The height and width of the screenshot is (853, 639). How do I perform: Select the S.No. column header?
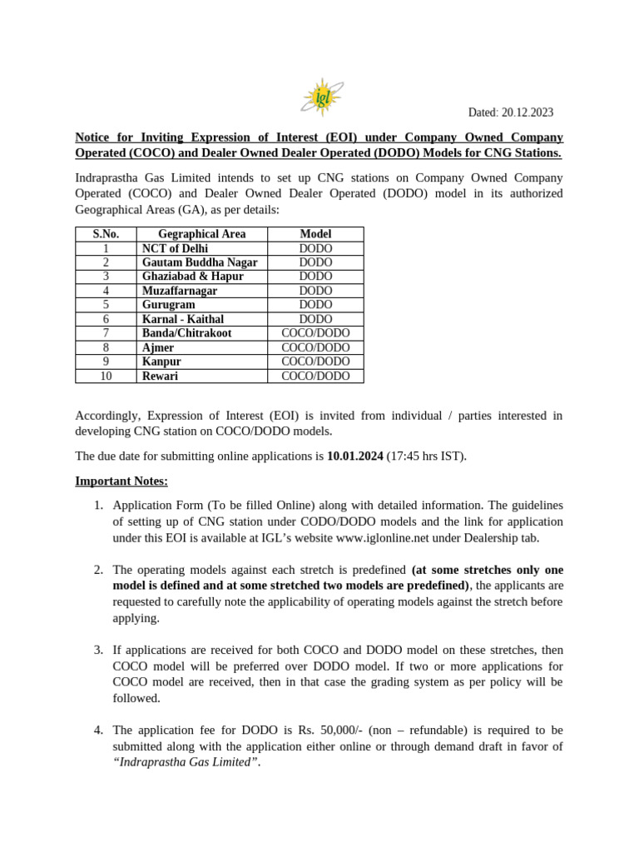pyautogui.click(x=106, y=234)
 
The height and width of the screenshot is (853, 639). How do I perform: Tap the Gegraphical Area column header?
pyautogui.click(x=202, y=234)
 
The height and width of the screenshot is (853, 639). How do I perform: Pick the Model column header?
pyautogui.click(x=315, y=234)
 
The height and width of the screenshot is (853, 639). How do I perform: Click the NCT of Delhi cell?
pyautogui.click(x=176, y=248)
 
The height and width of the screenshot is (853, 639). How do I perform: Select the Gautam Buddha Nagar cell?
pyautogui.click(x=200, y=262)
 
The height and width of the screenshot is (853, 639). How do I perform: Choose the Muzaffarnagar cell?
pyautogui.click(x=180, y=291)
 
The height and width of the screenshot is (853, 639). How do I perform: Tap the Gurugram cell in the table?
pyautogui.click(x=169, y=305)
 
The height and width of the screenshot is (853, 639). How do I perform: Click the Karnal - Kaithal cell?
pyautogui.click(x=183, y=319)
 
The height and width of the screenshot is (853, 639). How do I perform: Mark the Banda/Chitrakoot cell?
pyautogui.click(x=187, y=333)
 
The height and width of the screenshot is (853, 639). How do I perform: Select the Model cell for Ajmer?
pyautogui.click(x=315, y=347)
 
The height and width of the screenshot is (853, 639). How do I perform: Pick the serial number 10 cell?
pyautogui.click(x=106, y=376)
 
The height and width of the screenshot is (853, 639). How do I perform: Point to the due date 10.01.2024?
pyautogui.click(x=355, y=456)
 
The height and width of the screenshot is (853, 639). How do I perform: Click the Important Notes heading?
pyautogui.click(x=121, y=481)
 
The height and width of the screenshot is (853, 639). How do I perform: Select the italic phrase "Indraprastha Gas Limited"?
pyautogui.click(x=182, y=761)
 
